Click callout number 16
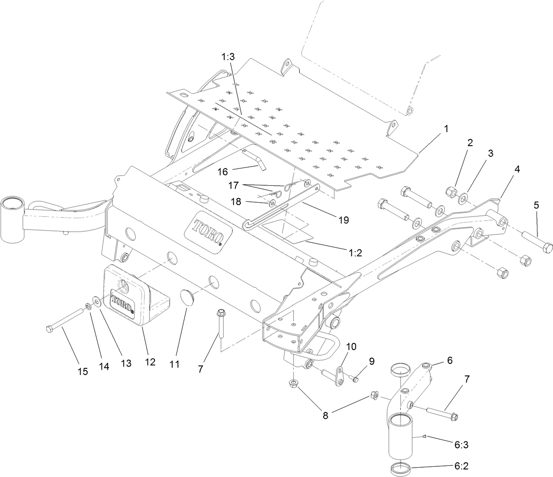222,171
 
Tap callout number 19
343,220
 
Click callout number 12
150,362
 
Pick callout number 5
536,205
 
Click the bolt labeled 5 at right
536,240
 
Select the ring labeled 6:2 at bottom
400,469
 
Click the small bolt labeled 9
354,379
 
